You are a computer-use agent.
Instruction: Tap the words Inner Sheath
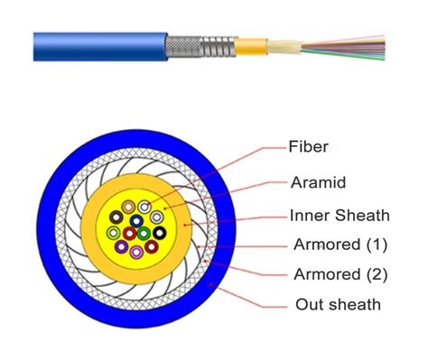point(339,216)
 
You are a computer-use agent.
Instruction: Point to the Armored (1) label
point(340,244)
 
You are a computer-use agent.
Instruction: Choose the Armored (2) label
point(340,274)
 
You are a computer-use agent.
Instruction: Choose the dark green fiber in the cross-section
point(143,233)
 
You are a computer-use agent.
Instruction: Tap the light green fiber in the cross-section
point(113,234)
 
